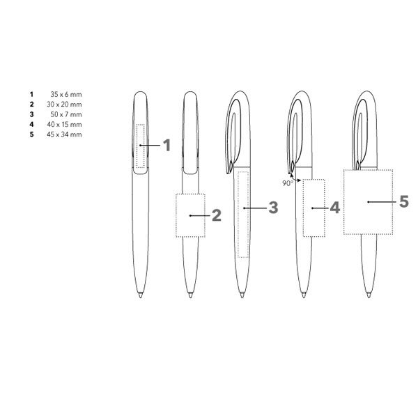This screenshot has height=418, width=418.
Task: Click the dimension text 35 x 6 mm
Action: [x=66, y=94]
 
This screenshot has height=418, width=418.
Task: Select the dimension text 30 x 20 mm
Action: [x=64, y=104]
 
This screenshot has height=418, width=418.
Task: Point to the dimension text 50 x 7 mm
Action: [x=66, y=114]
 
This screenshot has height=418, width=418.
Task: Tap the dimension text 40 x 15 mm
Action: [x=64, y=124]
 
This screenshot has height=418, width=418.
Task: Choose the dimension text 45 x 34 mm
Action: [x=64, y=134]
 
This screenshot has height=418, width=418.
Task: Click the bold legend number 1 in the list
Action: [x=32, y=94]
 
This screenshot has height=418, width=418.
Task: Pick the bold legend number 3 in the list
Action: [x=32, y=114]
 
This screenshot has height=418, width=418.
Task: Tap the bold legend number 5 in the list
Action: [x=32, y=134]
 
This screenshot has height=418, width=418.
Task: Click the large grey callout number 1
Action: [x=167, y=146]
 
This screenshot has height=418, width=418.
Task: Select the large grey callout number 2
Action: [x=217, y=215]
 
